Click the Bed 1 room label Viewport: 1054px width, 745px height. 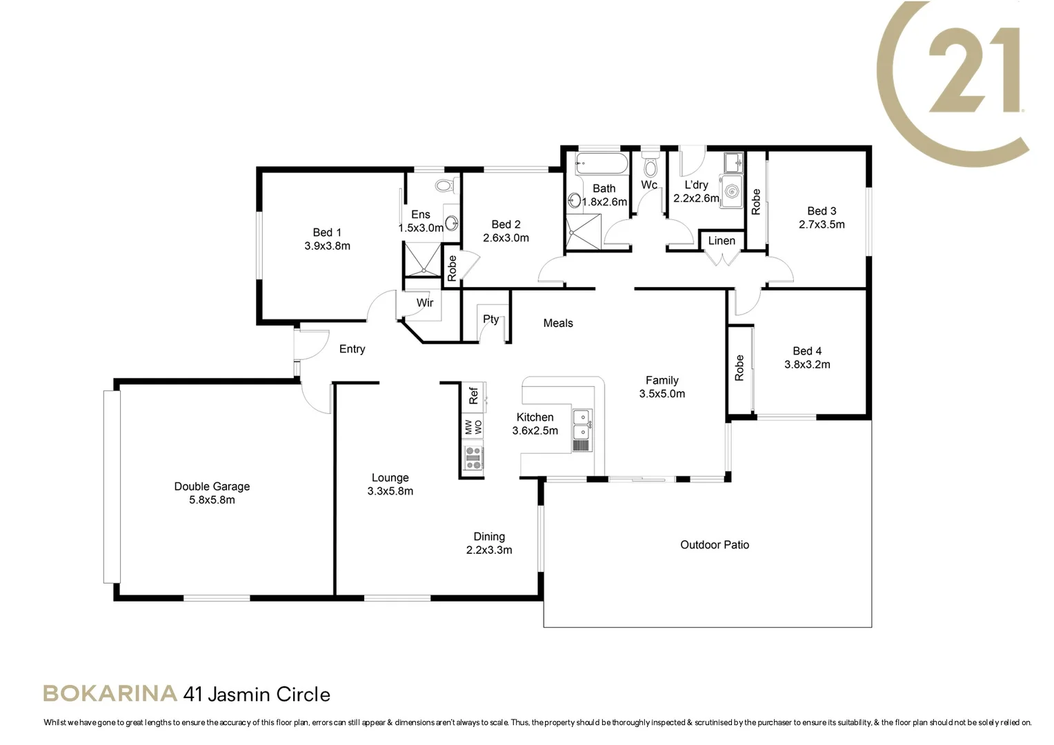327,232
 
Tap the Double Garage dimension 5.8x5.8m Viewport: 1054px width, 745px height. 212,500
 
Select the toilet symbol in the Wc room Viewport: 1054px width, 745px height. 650,166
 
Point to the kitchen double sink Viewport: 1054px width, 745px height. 581,425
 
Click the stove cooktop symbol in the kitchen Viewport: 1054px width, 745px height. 473,459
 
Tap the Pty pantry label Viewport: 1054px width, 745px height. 490,319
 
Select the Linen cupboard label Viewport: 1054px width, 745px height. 722,241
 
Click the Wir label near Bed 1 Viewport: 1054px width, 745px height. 425,303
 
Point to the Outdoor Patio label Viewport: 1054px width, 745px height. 715,545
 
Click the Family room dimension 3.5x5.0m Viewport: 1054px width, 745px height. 662,394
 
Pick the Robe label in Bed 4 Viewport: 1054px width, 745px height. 739,368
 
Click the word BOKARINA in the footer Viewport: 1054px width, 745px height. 110,694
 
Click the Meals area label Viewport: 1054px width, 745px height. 558,323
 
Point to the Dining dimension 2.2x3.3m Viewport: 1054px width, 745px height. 489,550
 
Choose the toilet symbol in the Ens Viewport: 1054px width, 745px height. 444,185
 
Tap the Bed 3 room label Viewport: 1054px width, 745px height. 822,211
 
